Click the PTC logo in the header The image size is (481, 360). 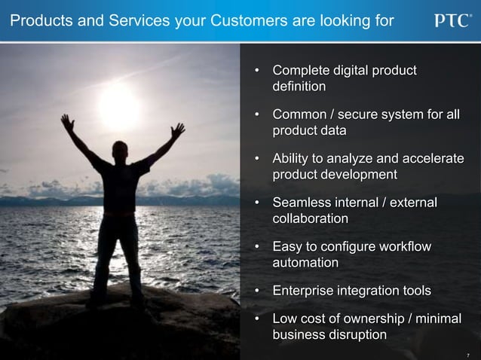[452, 20]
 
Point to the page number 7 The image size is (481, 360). [468, 352]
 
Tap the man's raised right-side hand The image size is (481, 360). [178, 130]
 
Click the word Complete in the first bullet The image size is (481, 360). [302, 72]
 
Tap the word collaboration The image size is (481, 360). [310, 218]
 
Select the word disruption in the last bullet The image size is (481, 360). [355, 335]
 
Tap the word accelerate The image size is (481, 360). [432, 159]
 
